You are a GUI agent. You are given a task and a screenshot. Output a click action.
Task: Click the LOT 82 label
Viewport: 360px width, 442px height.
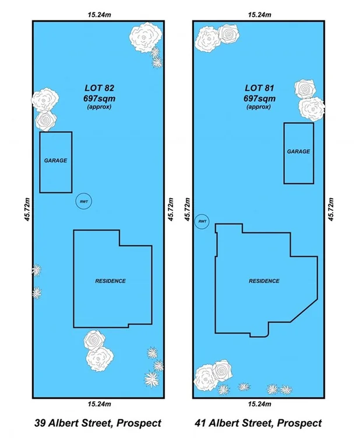pyautogui.click(x=98, y=89)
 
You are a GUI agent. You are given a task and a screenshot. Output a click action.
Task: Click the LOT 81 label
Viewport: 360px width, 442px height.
pyautogui.click(x=259, y=89)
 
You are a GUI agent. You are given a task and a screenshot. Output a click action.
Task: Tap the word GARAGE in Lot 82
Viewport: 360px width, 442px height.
pyautogui.click(x=56, y=160)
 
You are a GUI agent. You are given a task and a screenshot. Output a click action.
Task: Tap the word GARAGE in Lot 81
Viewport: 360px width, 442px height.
pyautogui.click(x=298, y=151)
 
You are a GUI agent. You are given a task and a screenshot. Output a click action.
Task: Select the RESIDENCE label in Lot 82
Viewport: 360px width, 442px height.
pyautogui.click(x=110, y=281)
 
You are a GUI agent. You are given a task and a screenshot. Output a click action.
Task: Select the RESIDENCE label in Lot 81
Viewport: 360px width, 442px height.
pyautogui.click(x=264, y=281)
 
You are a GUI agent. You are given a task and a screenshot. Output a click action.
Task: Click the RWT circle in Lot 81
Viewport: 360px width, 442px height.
pyautogui.click(x=202, y=222)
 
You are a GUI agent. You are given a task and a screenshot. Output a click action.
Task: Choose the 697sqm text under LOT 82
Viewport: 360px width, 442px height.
pyautogui.click(x=98, y=98)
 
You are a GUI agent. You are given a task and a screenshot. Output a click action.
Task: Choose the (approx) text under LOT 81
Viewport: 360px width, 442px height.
pyautogui.click(x=259, y=107)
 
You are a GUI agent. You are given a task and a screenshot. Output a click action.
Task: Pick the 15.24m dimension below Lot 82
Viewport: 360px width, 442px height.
pyautogui.click(x=98, y=404)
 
